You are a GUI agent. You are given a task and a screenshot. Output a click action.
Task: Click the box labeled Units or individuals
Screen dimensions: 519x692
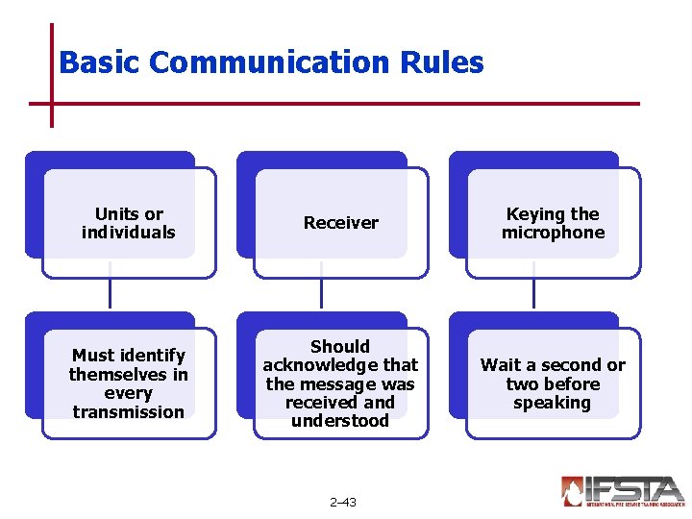click(129, 223)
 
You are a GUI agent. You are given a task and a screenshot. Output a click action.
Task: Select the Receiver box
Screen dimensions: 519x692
click(340, 223)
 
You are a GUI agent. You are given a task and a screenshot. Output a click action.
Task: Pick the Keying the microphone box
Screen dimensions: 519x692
click(553, 223)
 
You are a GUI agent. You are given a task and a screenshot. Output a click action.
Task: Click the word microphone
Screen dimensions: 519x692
click(553, 233)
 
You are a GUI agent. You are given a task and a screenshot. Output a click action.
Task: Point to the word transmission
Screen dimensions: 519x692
click(128, 411)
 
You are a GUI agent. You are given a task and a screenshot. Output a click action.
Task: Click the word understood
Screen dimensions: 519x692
click(340, 421)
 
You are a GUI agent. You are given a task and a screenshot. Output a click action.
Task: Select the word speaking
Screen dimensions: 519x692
click(552, 403)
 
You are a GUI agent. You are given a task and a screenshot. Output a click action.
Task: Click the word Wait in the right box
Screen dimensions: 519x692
click(501, 365)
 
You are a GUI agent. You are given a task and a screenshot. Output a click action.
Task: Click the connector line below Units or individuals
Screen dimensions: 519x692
click(110, 293)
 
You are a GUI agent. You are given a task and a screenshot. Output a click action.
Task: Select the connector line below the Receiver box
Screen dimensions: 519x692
click(321, 293)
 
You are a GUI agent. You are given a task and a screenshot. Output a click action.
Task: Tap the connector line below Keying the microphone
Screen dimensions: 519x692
click(533, 293)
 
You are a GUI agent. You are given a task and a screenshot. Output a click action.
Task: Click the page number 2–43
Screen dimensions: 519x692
click(342, 502)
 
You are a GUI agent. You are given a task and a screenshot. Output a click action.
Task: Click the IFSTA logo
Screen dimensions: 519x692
click(623, 490)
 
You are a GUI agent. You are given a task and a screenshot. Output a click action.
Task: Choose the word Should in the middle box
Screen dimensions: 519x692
click(340, 346)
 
